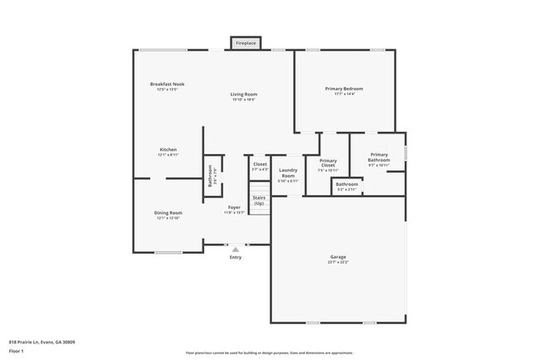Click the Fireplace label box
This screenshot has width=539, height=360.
[x=245, y=42]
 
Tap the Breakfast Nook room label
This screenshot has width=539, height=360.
[x=167, y=85]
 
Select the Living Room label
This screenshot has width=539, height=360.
[x=244, y=95]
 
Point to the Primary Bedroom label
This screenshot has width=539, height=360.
[x=343, y=89]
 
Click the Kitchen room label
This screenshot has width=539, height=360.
[x=168, y=150]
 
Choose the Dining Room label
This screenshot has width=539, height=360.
[x=168, y=213]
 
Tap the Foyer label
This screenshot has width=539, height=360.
[x=234, y=207]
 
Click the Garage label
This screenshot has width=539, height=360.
[x=338, y=257]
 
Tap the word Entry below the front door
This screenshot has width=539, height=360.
[x=236, y=257]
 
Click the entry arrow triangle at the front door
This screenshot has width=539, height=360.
[x=236, y=249]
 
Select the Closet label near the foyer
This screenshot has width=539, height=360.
[x=260, y=164]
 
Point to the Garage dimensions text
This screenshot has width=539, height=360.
[x=338, y=262]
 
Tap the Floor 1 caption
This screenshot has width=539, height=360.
[x=17, y=351]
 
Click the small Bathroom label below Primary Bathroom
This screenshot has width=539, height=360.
[x=347, y=184]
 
